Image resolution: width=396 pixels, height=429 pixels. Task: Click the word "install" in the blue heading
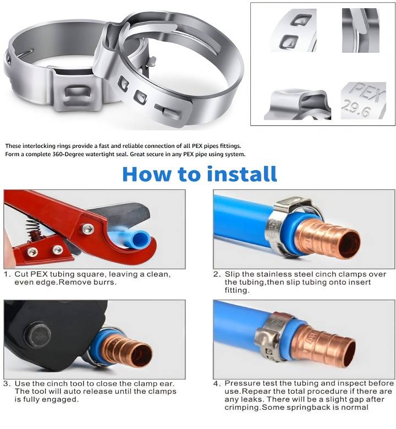[242, 174]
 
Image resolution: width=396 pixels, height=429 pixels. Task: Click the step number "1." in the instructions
[7, 274]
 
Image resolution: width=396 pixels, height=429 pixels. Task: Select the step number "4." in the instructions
[217, 383]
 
